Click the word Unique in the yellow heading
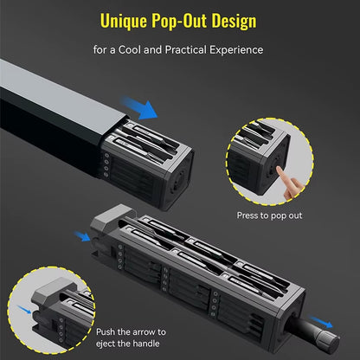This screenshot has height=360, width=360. click(x=124, y=21)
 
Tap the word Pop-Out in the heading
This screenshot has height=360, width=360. click(x=179, y=21)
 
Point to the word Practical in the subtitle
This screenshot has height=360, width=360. click(x=186, y=50)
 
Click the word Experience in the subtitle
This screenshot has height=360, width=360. click(x=236, y=50)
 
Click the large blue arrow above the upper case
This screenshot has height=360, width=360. click(x=139, y=108)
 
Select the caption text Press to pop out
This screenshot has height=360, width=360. click(x=269, y=215)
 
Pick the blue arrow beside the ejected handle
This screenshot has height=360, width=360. click(x=322, y=322)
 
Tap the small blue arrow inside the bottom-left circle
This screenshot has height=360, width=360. click(x=24, y=310)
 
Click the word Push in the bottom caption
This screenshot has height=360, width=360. click(x=106, y=332)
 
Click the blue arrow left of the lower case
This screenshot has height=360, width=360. click(x=82, y=236)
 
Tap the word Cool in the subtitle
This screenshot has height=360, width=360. click(x=130, y=50)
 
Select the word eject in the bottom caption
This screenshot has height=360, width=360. click(x=106, y=344)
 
